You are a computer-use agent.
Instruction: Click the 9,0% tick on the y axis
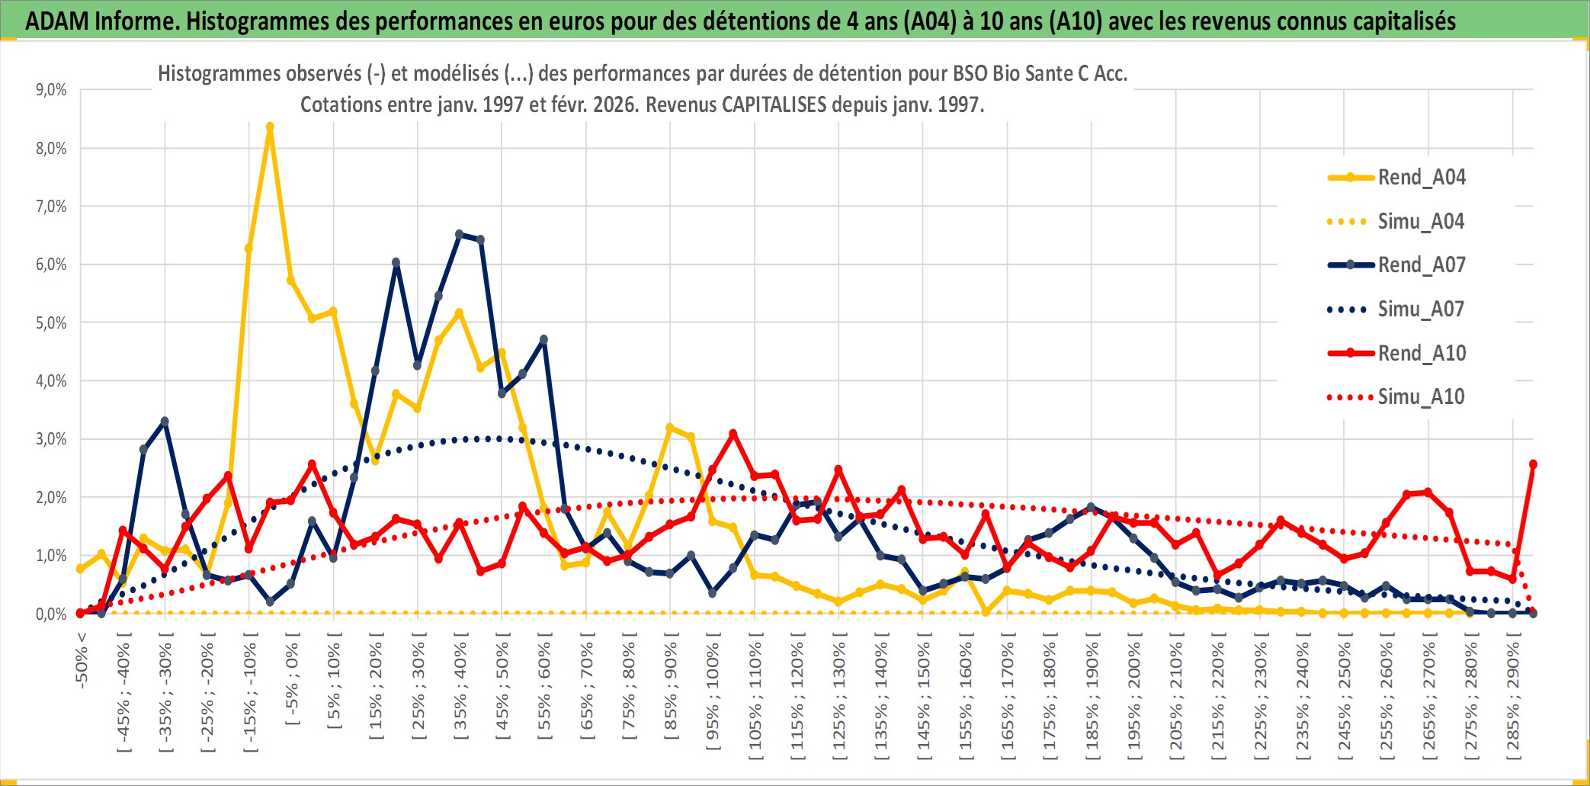click(x=51, y=90)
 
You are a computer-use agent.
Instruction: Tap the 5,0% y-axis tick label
click(x=51, y=323)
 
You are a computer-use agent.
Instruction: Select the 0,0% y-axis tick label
click(x=51, y=614)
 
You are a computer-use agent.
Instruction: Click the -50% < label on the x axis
click(x=82, y=660)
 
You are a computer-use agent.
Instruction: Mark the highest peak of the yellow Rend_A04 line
click(x=270, y=127)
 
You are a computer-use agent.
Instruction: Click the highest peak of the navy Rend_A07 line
click(x=459, y=234)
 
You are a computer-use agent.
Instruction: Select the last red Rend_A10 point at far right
click(x=1533, y=464)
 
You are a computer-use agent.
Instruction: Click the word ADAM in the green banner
click(x=56, y=21)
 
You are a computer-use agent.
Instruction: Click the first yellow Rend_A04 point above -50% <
click(x=81, y=569)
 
